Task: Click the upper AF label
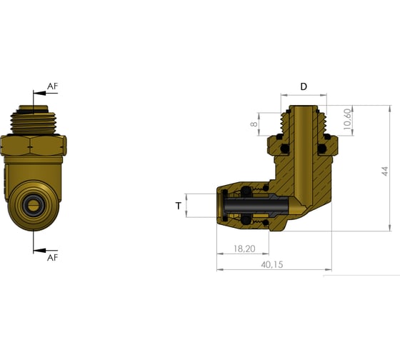pos(52,86)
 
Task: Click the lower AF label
pos(52,258)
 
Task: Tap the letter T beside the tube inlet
pos(178,206)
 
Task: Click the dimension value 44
pos(385,171)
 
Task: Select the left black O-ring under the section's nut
pos(279,136)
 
